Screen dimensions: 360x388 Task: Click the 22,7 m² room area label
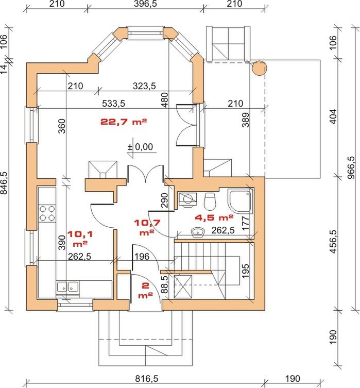coord(124,122)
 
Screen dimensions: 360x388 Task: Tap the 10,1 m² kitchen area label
coord(80,239)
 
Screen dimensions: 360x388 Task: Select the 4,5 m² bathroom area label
coord(214,217)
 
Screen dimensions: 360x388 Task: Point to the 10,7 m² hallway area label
coord(147,227)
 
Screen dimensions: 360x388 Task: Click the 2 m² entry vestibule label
coord(145,290)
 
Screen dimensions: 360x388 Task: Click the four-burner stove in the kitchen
coord(47,213)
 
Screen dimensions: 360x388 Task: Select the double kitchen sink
coord(68,287)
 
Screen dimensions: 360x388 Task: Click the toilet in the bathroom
coord(210,200)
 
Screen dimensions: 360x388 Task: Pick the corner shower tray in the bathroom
coord(241,201)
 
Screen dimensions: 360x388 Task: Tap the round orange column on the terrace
coord(260,68)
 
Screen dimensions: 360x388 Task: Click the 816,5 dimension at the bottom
coord(146,379)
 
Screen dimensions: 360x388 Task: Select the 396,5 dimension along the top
coord(145,4)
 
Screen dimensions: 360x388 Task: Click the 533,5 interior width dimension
coord(114,104)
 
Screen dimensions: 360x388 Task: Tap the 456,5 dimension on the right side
coord(333,242)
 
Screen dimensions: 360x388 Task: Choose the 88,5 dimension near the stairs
coord(164,284)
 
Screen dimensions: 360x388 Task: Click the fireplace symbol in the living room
coord(102,170)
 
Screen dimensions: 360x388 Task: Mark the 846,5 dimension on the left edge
coord(6,183)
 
